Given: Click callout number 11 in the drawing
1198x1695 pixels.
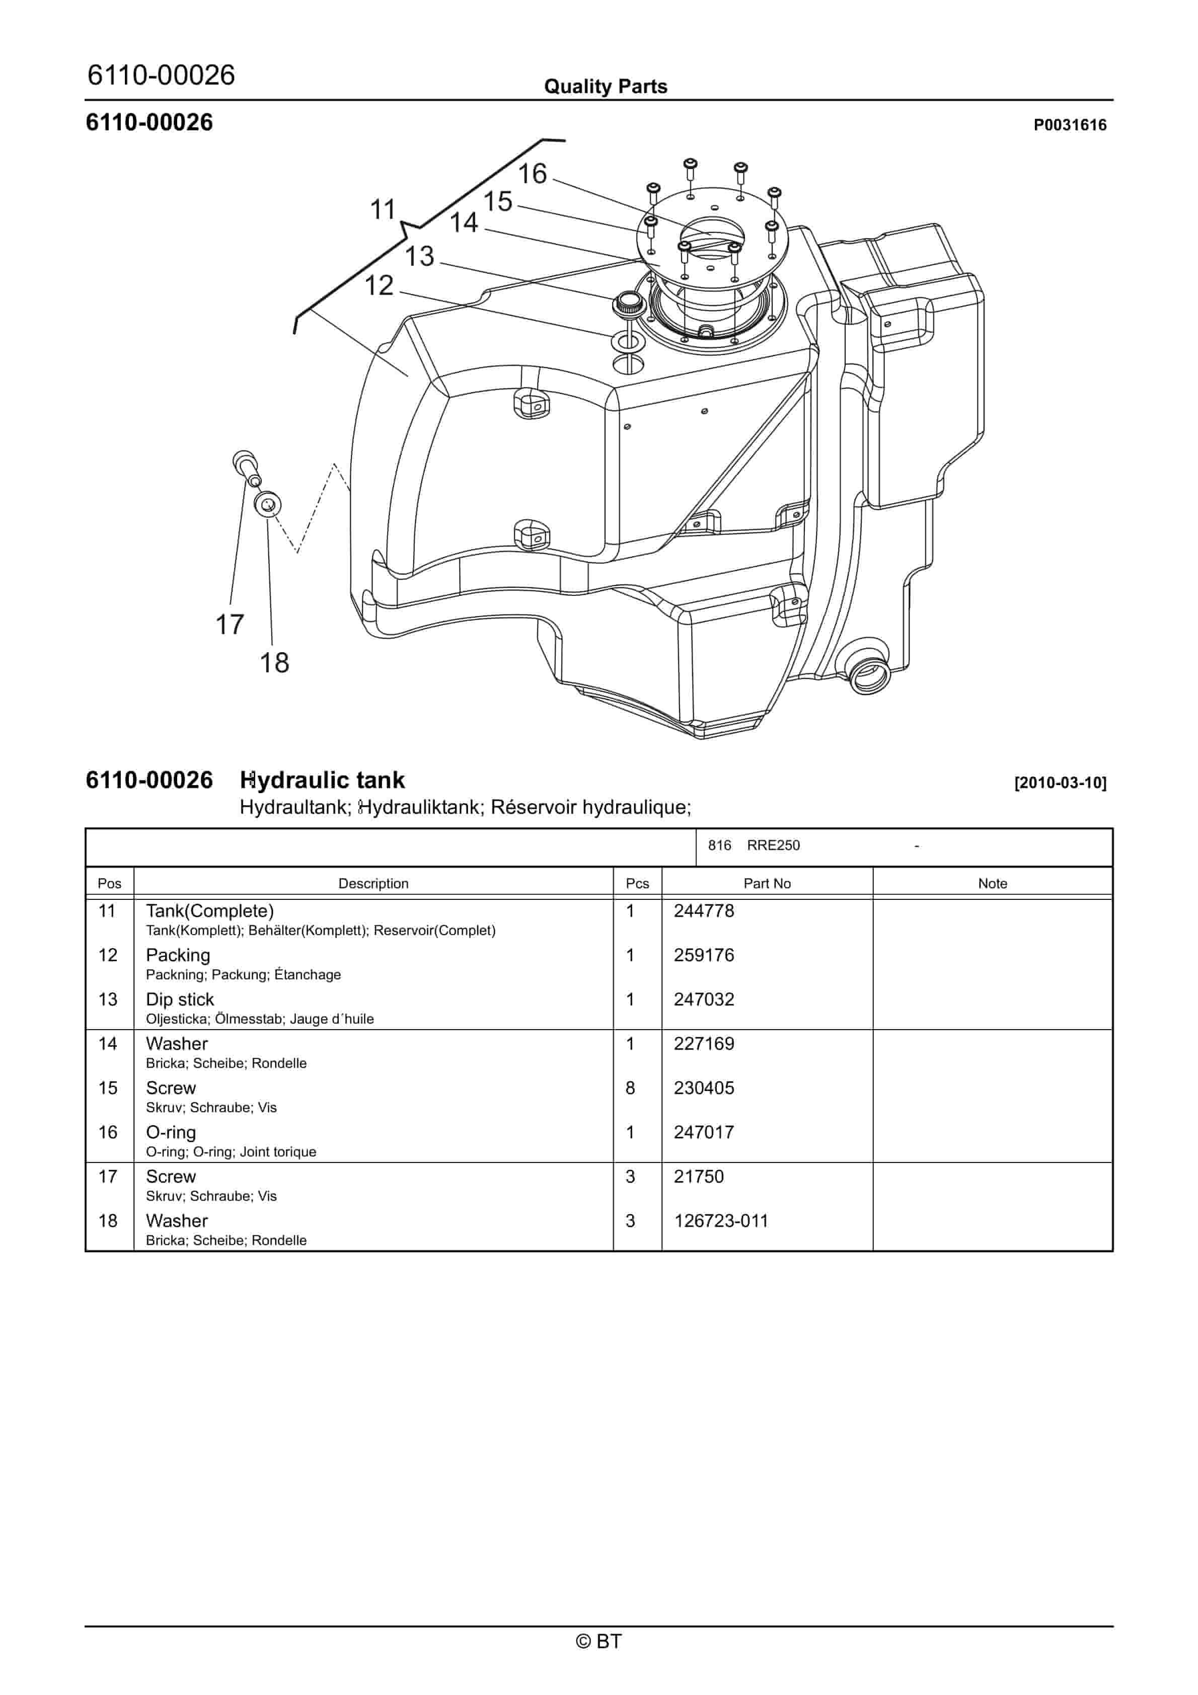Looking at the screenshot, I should click(x=383, y=210).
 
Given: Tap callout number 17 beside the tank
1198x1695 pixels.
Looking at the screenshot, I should click(x=229, y=625).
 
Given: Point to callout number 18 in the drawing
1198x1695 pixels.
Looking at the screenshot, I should click(x=274, y=663).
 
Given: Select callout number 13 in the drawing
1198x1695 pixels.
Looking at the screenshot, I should click(x=419, y=256).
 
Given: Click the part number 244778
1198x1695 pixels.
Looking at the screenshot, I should click(x=703, y=911).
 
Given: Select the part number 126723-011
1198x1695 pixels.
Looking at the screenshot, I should click(x=720, y=1221).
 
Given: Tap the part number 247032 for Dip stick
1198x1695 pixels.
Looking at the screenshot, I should click(x=703, y=999).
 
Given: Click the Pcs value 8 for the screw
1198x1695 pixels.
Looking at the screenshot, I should click(x=630, y=1088).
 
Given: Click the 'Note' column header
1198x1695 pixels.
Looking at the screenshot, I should click(x=992, y=884).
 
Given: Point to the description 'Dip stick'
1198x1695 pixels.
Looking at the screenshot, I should click(x=180, y=999).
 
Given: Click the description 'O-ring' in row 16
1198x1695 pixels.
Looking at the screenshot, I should click(x=171, y=1132).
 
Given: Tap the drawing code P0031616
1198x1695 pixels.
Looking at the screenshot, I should click(x=1070, y=125).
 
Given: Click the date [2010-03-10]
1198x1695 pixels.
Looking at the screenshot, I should click(x=1060, y=783).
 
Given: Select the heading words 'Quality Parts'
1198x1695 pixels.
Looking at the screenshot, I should click(x=605, y=87).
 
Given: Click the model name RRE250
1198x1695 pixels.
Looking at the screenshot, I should click(x=773, y=845).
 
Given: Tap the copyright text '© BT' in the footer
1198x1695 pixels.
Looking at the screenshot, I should click(x=598, y=1641).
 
